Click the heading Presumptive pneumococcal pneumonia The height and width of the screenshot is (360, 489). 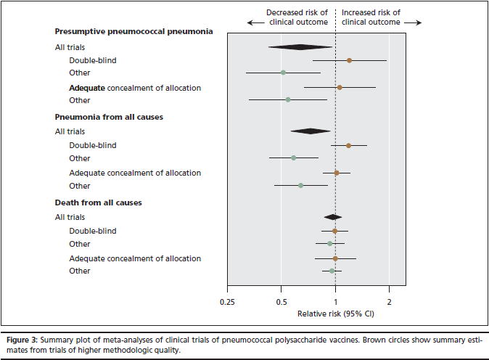tap(134, 32)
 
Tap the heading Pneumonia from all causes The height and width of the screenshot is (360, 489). tap(109, 117)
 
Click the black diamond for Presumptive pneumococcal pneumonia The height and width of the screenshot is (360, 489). tap(300, 47)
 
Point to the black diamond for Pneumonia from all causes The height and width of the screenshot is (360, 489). tap(311, 131)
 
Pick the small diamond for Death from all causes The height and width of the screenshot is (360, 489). tap(333, 217)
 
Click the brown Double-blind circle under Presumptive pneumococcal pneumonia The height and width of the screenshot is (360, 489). tap(349, 60)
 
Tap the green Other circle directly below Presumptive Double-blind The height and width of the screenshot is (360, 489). tap(283, 73)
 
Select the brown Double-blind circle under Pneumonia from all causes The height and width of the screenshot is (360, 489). tap(348, 145)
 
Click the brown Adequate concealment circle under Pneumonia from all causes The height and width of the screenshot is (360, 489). tap(336, 173)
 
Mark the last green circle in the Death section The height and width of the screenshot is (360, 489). tap(332, 271)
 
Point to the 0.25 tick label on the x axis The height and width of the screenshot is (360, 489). tap(227, 302)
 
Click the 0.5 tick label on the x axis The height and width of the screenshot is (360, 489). tap(282, 302)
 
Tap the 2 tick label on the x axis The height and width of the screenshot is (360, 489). tap(389, 302)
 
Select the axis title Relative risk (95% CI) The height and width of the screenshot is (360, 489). tap(335, 314)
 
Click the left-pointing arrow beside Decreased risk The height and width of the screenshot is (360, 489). tap(255, 22)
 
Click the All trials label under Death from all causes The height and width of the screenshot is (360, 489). tap(70, 217)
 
